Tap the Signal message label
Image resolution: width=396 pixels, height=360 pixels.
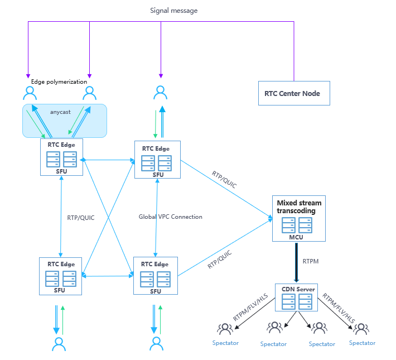[173, 11]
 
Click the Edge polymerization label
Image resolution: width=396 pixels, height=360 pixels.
[55, 82]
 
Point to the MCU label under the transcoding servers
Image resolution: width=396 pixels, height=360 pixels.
[296, 237]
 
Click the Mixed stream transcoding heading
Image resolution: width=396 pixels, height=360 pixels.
[299, 207]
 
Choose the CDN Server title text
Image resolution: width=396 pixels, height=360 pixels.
[298, 289]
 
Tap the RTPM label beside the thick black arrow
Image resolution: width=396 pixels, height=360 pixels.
[311, 261]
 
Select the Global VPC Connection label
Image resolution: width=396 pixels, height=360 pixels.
[171, 217]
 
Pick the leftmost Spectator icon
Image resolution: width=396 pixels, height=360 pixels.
[225, 329]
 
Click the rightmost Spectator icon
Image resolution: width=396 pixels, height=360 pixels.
[361, 329]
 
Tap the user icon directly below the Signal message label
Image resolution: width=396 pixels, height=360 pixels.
[161, 92]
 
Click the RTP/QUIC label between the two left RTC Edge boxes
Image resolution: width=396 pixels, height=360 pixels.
[81, 218]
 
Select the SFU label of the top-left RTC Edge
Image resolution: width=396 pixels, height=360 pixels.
[61, 171]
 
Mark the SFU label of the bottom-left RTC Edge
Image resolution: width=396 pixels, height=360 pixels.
[60, 290]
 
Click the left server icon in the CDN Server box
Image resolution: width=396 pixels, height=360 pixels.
[289, 301]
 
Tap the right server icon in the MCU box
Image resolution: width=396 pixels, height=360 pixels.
[305, 225]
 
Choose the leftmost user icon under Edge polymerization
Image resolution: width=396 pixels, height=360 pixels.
[30, 92]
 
